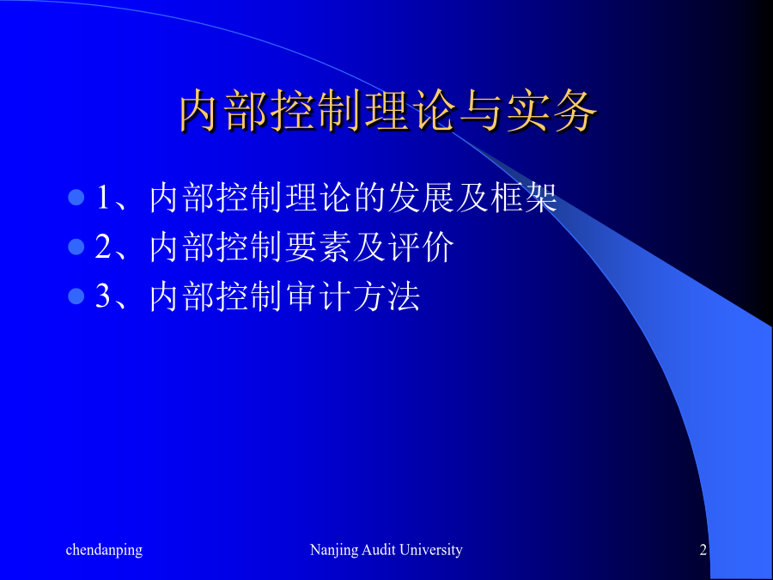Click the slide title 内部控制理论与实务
click(x=388, y=111)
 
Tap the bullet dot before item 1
click(x=76, y=198)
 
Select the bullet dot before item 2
click(x=76, y=247)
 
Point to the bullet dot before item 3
click(x=76, y=296)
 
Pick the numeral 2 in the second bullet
click(x=103, y=247)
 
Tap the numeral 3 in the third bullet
click(x=103, y=296)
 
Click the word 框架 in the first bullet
click(x=524, y=198)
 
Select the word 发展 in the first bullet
click(x=421, y=198)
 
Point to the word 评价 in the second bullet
click(x=421, y=247)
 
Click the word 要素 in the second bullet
click(x=318, y=247)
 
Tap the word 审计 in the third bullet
click(x=318, y=296)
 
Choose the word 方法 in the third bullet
click(x=386, y=296)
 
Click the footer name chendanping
click(x=104, y=550)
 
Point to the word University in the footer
click(x=431, y=550)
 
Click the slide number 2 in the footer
click(x=703, y=549)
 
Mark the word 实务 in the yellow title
click(x=552, y=111)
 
